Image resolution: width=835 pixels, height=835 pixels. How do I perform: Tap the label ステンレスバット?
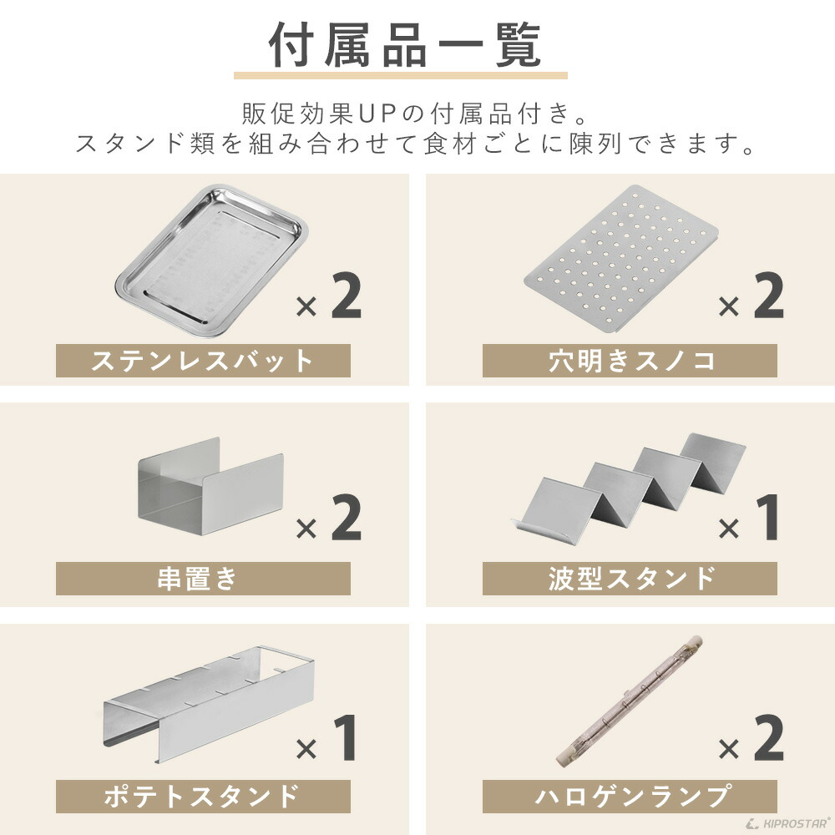(x=203, y=361)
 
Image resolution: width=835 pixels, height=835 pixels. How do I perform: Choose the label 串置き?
(x=203, y=578)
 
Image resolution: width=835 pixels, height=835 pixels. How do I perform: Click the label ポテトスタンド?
(x=203, y=796)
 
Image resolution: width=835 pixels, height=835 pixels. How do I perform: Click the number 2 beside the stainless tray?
(x=346, y=296)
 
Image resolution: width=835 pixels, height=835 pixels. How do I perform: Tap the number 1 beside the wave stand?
(x=767, y=518)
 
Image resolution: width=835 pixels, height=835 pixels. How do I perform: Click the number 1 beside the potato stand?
(x=346, y=738)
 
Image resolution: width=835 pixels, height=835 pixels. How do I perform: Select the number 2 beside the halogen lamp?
(x=768, y=738)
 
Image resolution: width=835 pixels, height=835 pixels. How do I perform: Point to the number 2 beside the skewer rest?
(x=346, y=518)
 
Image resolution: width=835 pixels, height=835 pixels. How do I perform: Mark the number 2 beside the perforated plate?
(x=768, y=296)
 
